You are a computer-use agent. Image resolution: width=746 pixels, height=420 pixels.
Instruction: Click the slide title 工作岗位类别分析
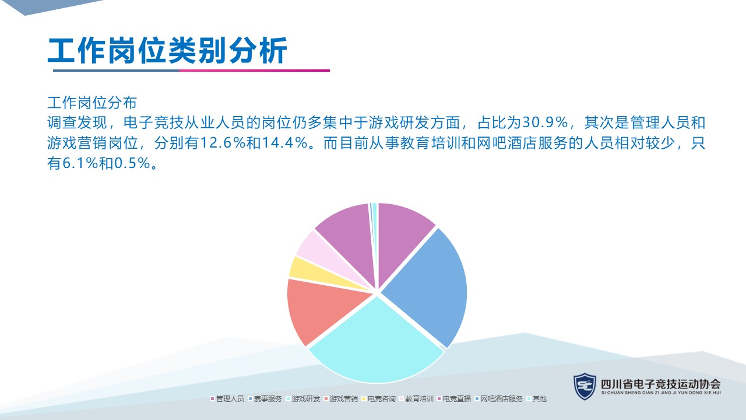coord(167,50)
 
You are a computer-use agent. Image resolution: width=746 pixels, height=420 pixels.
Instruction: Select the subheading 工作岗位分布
coord(92,103)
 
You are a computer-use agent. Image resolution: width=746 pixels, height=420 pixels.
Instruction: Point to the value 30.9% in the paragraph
coord(545,123)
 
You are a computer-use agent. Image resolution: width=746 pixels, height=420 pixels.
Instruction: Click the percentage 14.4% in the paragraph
coord(284,143)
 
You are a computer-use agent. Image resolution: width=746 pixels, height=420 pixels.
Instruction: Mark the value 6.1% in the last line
coord(80,163)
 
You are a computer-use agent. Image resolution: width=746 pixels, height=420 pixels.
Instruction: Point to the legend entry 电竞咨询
coord(378,398)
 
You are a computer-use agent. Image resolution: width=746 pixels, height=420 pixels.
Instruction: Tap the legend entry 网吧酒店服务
coord(498,398)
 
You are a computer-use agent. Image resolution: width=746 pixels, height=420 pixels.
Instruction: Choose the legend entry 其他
coord(537,398)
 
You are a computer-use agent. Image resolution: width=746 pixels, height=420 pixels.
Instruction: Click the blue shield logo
coord(585,386)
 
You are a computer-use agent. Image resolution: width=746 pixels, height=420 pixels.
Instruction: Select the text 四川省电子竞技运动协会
coord(661,384)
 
